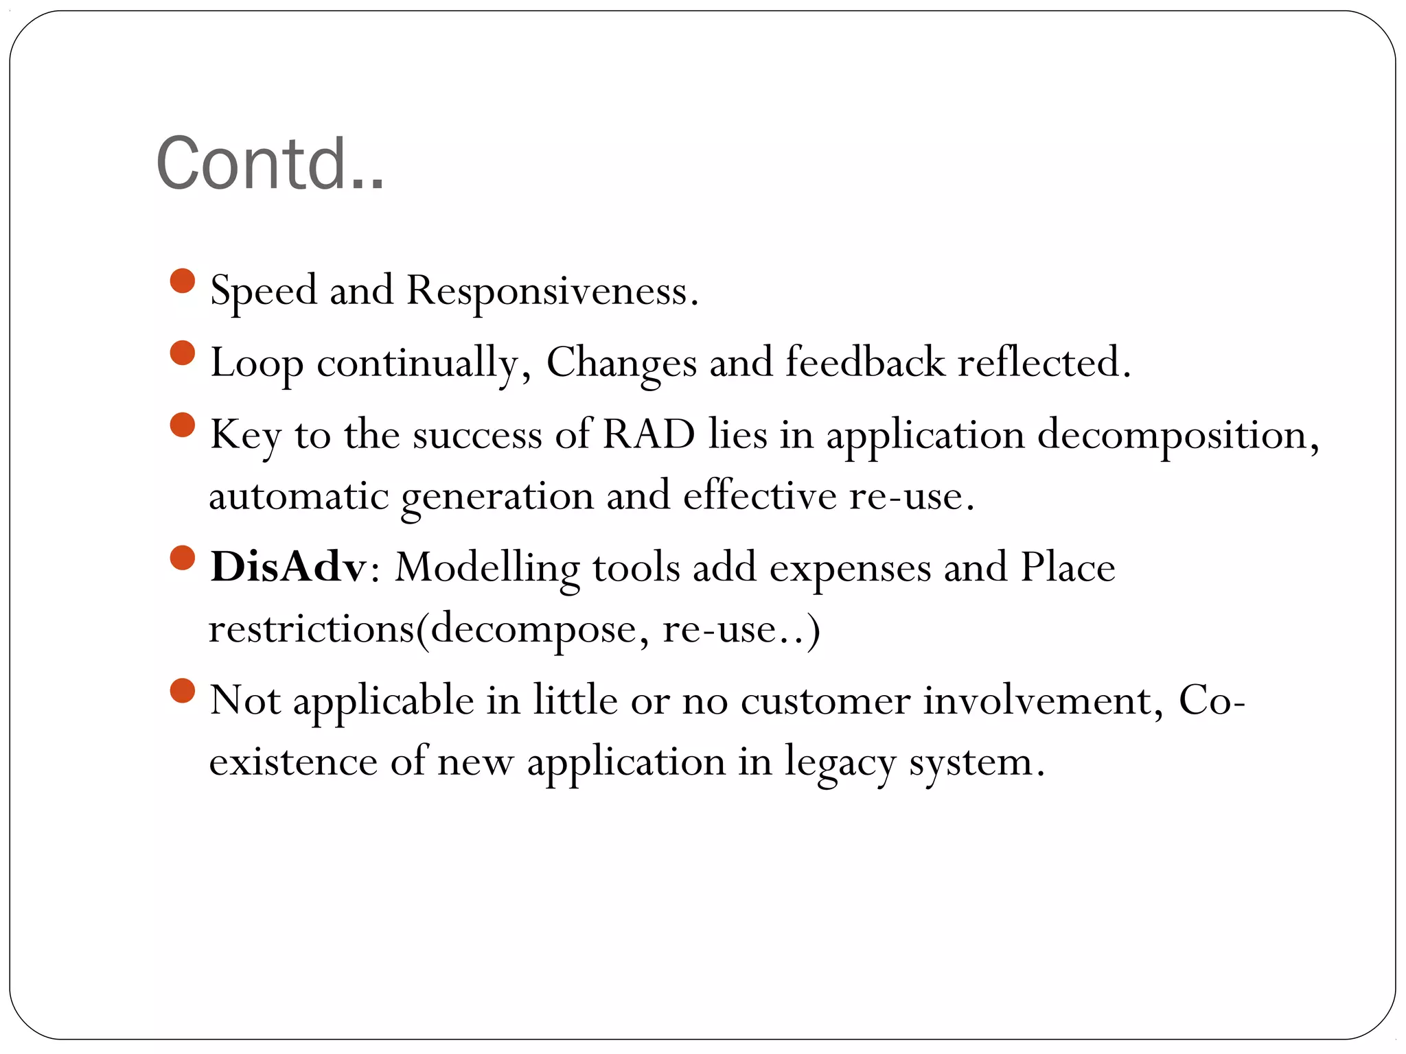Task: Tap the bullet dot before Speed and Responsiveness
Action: point(183,281)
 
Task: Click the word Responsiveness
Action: point(552,291)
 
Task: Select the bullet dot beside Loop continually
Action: point(183,353)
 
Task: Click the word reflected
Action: point(1044,362)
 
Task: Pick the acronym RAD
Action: point(649,434)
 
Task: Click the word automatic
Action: point(299,495)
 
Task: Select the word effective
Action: point(759,495)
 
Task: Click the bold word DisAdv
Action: point(288,567)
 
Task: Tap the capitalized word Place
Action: point(1068,567)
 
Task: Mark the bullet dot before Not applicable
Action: point(183,690)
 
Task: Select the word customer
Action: point(825,701)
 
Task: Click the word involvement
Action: point(1042,701)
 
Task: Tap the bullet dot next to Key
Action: point(183,425)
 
